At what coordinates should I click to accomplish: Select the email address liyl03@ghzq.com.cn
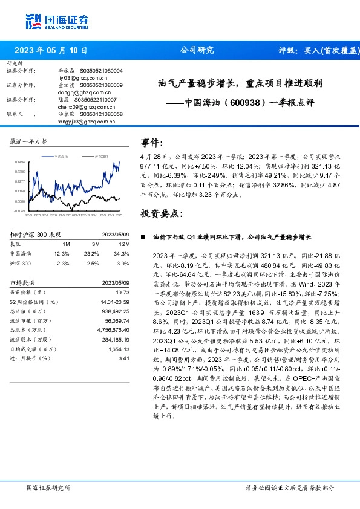74,78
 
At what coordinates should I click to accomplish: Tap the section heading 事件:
152,143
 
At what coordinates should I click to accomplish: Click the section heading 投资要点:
160,213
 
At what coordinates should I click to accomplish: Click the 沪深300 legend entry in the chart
100,156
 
